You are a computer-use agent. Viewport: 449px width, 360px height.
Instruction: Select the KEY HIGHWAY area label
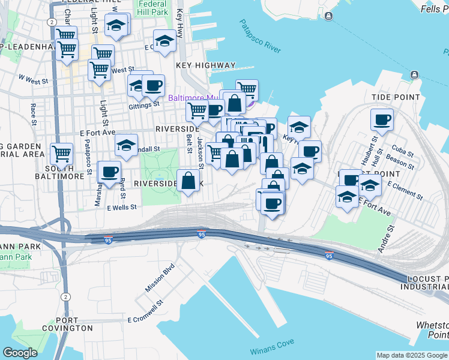tap(206, 65)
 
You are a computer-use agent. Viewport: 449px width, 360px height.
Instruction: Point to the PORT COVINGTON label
tap(67, 324)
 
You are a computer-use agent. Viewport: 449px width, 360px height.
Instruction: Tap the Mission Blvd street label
tap(159, 277)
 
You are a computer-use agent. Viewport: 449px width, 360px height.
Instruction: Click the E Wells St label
tap(122, 208)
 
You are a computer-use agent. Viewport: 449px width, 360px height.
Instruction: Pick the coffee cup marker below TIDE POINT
tap(381, 120)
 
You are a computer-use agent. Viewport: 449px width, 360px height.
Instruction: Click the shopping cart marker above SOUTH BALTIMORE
tap(61, 154)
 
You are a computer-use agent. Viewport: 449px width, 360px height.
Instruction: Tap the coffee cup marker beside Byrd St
tap(109, 172)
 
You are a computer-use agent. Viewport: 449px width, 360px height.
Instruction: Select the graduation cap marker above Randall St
tap(126, 145)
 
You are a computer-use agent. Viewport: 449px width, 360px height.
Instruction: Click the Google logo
tap(20, 353)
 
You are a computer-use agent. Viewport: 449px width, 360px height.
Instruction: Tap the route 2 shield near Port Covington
tap(64, 296)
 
